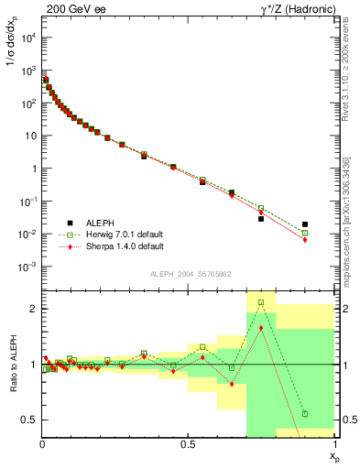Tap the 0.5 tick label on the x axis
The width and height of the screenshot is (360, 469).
pyautogui.click(x=189, y=444)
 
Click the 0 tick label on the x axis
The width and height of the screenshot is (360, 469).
pyautogui.click(x=42, y=444)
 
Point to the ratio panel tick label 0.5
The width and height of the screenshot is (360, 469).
pyautogui.click(x=29, y=420)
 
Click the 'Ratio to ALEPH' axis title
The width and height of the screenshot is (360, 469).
pyautogui.click(x=11, y=365)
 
